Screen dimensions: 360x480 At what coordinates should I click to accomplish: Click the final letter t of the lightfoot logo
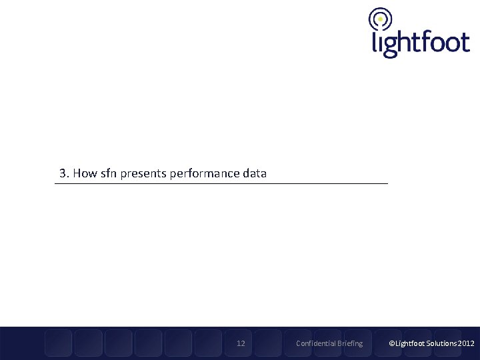coord(465,41)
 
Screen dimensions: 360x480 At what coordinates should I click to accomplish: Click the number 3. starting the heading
coord(64,173)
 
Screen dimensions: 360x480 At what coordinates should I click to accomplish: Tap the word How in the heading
coord(85,173)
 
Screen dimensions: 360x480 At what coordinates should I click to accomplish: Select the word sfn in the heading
coord(109,173)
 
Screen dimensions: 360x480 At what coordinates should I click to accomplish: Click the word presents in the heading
coord(143,174)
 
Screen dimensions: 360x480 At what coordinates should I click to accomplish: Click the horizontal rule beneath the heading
coord(221,183)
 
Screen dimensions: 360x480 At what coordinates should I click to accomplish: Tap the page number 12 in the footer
coord(241,343)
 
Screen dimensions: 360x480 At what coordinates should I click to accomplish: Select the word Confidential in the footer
coord(316,343)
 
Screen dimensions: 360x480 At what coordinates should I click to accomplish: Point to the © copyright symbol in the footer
coord(392,343)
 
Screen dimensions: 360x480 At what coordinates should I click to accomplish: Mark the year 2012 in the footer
coord(466,343)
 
